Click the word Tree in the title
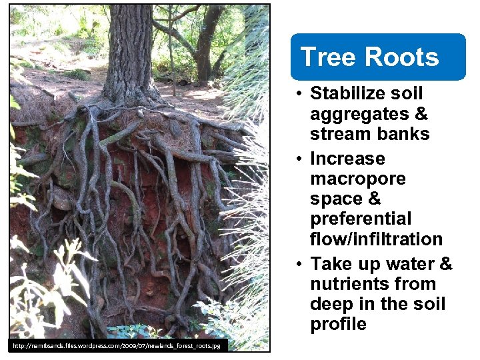coord(322,57)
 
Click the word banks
coord(402,133)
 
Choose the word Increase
coord(347,159)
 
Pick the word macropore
coord(358,179)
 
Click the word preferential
coord(361,219)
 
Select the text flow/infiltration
coord(376,239)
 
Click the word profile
coord(338,324)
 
